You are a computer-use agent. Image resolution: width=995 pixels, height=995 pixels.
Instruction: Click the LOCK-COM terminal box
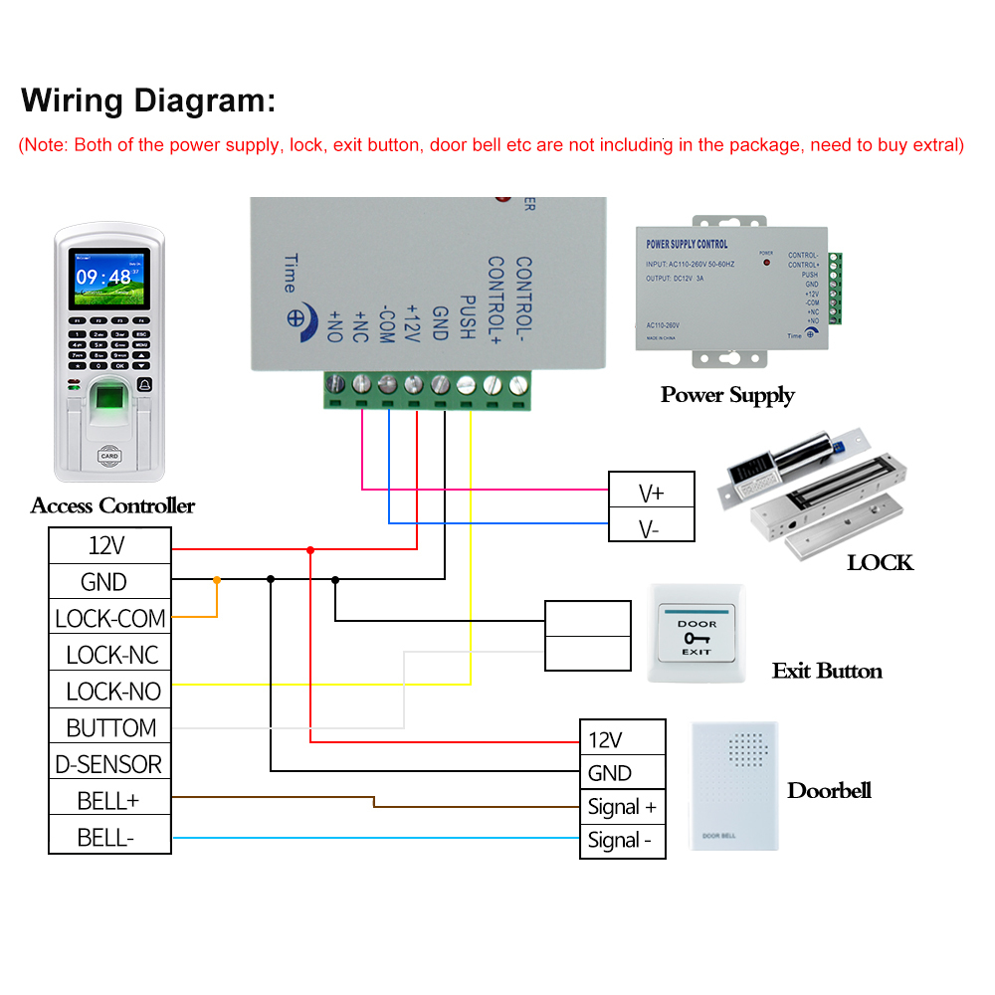109,618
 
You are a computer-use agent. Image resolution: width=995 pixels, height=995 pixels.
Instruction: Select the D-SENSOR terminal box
109,764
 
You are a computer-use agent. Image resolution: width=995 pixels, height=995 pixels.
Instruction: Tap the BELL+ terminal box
109,800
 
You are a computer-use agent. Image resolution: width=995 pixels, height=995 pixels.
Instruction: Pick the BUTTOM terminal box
109,727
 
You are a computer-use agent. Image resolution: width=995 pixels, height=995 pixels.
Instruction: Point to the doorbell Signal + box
623,807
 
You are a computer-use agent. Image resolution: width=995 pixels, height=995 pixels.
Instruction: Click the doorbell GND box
623,772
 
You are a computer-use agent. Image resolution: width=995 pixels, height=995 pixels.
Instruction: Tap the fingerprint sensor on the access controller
107,407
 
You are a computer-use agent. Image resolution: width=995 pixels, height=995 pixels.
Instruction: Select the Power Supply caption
727,395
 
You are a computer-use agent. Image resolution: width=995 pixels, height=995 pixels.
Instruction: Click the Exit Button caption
827,671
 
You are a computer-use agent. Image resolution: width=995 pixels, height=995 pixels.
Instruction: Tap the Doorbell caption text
829,791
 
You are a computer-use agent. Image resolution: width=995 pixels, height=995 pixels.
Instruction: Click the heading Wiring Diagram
148,100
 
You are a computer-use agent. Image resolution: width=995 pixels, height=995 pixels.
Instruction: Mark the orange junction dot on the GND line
217,579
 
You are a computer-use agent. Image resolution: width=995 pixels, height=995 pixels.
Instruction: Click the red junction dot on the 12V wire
310,549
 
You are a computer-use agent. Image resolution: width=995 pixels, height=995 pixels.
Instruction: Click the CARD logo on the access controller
108,457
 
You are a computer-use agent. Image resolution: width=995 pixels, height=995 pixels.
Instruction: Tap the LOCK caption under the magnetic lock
880,563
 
